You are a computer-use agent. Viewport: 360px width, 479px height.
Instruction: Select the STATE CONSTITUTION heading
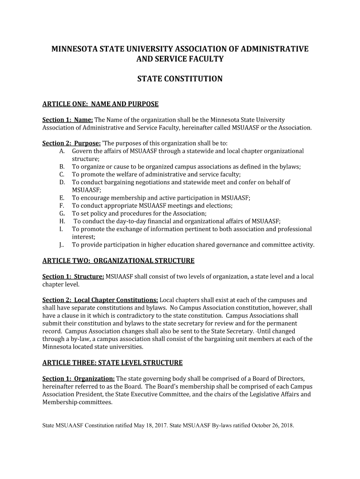[x=180, y=79]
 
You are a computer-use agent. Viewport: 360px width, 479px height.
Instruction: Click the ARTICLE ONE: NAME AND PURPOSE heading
[x=101, y=104]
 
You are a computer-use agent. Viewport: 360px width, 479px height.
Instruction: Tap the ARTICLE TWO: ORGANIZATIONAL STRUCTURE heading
[x=118, y=261]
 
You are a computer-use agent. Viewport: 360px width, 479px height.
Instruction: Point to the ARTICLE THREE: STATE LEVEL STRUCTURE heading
[x=112, y=363]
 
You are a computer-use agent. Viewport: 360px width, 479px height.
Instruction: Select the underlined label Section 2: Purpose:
[x=72, y=143]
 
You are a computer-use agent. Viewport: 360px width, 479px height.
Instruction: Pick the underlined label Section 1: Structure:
[x=73, y=276]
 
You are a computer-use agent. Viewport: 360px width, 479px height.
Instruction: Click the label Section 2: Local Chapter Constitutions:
[x=100, y=300]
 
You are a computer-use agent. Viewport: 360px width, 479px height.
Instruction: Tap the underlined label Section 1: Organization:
[x=79, y=378]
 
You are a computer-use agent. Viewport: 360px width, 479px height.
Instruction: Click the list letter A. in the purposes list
[x=62, y=151]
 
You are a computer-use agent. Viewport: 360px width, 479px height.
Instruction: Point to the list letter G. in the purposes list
[x=62, y=213]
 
